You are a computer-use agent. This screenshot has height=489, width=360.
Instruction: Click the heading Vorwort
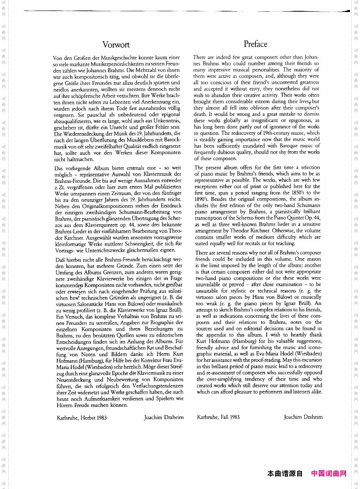point(116,45)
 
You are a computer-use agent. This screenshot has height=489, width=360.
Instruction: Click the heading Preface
point(255,44)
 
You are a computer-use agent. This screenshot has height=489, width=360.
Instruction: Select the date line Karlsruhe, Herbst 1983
point(82,418)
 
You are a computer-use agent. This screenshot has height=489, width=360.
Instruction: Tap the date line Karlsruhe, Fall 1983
point(218,417)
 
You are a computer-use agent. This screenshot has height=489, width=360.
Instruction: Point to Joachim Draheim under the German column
point(164,418)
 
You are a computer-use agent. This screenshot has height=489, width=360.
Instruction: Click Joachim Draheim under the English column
point(303,417)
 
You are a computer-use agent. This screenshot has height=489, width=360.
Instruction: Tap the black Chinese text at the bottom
point(285,473)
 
